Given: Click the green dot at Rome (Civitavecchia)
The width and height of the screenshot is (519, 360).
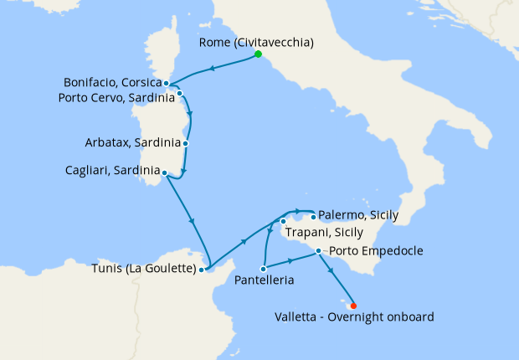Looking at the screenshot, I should tap(258, 54).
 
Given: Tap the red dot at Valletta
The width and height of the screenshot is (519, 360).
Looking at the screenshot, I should tap(353, 306).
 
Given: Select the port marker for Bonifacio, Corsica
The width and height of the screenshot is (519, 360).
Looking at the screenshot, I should tap(167, 83).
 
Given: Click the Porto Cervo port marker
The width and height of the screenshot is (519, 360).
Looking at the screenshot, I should tap(180, 94).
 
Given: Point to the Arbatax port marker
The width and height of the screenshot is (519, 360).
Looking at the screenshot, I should tap(185, 143).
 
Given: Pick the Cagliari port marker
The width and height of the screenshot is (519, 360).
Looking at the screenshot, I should tap(164, 173).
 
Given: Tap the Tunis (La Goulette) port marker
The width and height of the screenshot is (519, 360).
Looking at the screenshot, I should tap(202, 270).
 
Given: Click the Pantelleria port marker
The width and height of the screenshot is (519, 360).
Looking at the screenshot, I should tap(264, 269).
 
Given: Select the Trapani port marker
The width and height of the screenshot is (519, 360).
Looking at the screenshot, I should tap(283, 221).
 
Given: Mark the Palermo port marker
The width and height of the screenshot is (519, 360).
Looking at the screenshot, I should tap(313, 216).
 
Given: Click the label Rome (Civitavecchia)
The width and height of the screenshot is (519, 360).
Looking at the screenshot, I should tap(258, 42).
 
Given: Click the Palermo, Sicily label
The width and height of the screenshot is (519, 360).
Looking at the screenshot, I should tap(359, 215).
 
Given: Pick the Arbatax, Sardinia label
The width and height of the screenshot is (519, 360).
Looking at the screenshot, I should tap(132, 142).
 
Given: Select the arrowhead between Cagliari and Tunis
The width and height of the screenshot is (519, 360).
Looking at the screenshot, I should tap(193, 221).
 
